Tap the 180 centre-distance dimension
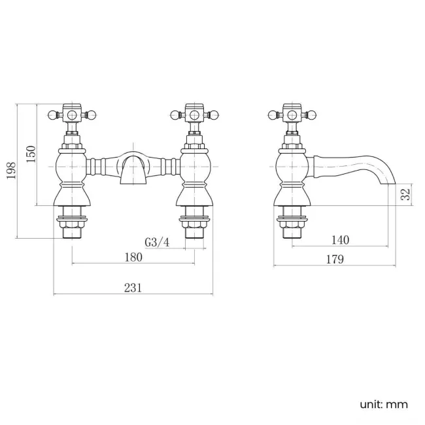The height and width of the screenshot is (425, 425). [x=133, y=257]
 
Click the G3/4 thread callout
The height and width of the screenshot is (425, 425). [x=158, y=243]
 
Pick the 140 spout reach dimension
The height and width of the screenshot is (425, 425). [x=340, y=240]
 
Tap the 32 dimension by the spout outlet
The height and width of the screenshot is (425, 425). [x=405, y=194]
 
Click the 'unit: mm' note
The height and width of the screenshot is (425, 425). [x=383, y=404]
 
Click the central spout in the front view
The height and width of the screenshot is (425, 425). [x=133, y=169]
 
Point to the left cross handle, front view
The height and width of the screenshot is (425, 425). [x=71, y=116]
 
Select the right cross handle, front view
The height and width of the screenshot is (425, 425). [x=195, y=116]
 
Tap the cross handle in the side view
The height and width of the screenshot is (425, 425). [x=291, y=116]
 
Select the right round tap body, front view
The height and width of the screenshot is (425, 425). [x=195, y=163]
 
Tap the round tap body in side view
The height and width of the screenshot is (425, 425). [x=291, y=163]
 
